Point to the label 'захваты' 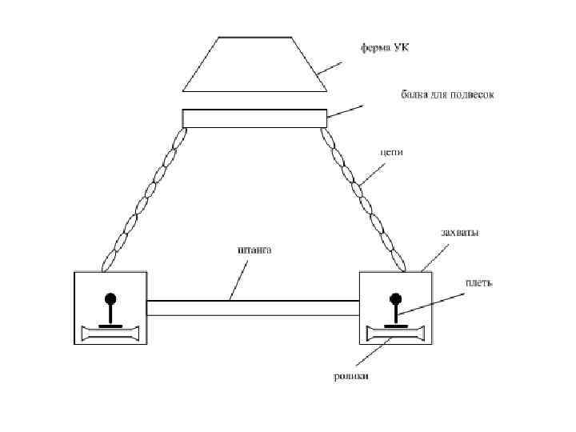(x=460, y=233)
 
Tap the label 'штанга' (x=254, y=250)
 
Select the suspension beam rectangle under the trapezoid (x=254, y=118)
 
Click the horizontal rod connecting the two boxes (x=253, y=308)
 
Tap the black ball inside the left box (x=110, y=299)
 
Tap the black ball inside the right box (x=396, y=299)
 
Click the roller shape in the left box (x=110, y=334)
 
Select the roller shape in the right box (x=396, y=334)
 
